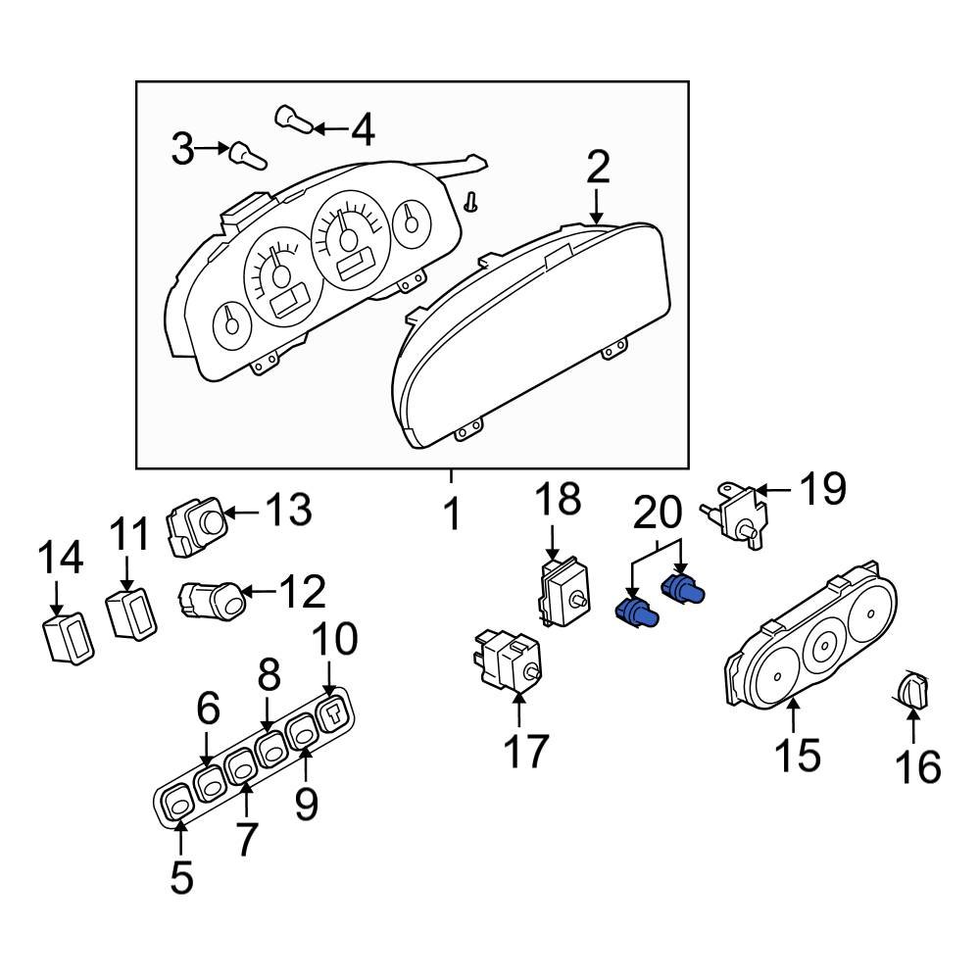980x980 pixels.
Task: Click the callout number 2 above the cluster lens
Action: tap(598, 169)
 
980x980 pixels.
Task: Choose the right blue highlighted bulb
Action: tap(685, 589)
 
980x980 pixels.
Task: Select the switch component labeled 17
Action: tap(510, 660)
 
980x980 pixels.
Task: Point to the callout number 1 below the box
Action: tap(451, 513)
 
